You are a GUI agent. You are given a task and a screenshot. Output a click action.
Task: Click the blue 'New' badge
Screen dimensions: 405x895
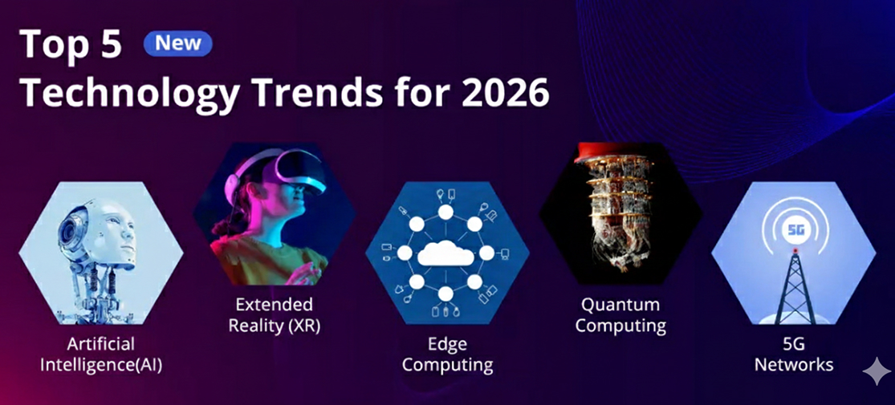(177, 43)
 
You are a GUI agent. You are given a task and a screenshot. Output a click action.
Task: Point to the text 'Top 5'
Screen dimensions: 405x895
(71, 44)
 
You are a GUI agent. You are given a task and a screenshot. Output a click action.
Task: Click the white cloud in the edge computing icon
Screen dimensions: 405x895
(446, 253)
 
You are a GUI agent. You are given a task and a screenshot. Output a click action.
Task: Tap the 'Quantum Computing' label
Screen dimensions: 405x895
(620, 315)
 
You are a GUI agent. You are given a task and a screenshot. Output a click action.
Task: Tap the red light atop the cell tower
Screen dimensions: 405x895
(795, 251)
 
